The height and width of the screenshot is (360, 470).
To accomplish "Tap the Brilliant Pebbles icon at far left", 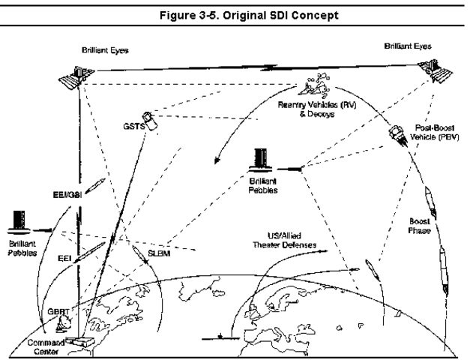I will click(18, 221).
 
